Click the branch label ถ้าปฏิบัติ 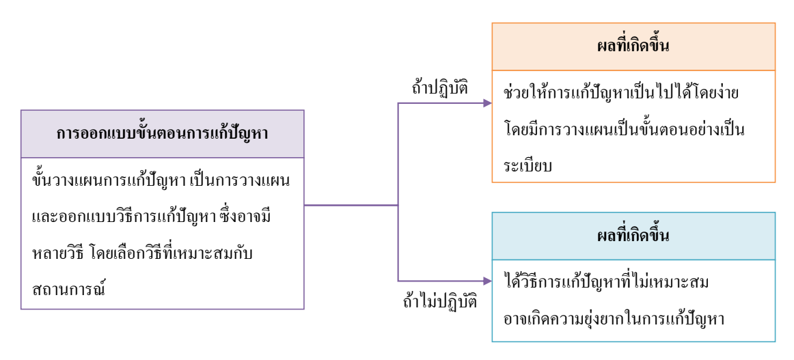[x=435, y=88]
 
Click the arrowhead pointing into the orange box [x=487, y=104]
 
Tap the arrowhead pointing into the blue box [x=487, y=281]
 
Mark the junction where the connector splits [x=398, y=204]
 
